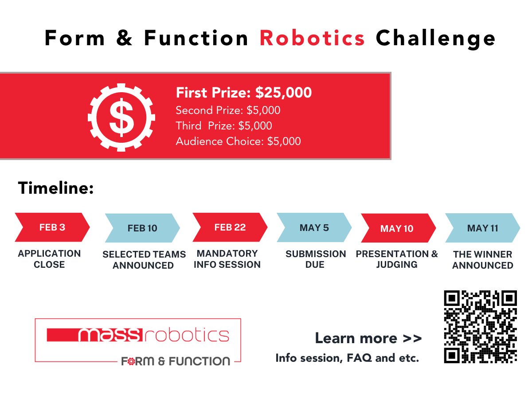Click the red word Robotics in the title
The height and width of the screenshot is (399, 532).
tap(313, 39)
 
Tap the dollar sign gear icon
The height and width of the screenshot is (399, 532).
tap(121, 116)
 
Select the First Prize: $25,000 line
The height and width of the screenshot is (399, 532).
tap(243, 93)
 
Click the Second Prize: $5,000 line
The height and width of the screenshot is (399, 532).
tap(228, 110)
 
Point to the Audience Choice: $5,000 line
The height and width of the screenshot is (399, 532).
tap(238, 141)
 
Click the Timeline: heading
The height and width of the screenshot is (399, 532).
tap(56, 188)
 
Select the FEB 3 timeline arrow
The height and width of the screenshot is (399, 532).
tap(52, 227)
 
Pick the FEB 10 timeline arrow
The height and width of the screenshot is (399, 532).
tap(142, 228)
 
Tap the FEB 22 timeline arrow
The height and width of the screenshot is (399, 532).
tap(230, 227)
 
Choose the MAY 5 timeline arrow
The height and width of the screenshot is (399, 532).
tap(314, 228)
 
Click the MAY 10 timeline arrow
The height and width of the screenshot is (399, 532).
tap(397, 228)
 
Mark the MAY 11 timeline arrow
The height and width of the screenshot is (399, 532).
tap(482, 228)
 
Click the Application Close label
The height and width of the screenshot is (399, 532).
tap(49, 259)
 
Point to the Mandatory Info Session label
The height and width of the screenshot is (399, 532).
tap(227, 259)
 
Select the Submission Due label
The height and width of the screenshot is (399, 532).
tap(315, 259)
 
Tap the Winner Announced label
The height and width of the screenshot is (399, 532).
tap(482, 260)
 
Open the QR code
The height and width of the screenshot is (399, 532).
tap(481, 327)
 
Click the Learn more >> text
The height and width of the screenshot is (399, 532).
tap(368, 338)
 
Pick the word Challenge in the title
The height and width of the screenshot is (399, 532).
tap(435, 39)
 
